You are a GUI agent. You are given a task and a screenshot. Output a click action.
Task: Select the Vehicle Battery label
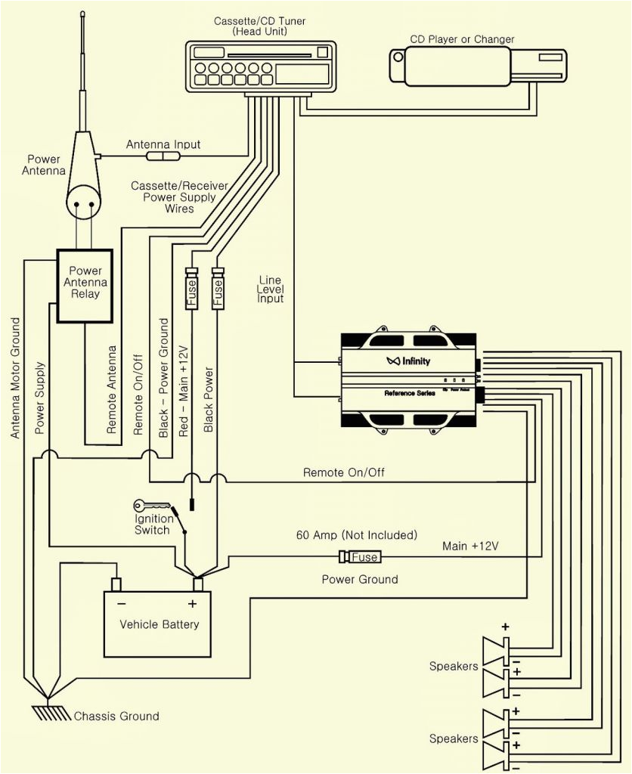160,624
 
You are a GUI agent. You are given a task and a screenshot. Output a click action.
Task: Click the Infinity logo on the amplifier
407,361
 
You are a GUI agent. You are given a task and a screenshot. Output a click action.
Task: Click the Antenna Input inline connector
163,156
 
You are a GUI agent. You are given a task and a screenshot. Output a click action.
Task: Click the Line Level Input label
270,289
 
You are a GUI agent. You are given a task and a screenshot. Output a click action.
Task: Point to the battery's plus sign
192,603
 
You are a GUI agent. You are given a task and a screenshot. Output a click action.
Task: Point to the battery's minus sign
121,603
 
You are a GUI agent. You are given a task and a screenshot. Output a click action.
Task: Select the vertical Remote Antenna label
113,389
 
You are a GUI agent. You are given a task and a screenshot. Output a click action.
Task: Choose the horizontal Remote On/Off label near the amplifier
344,472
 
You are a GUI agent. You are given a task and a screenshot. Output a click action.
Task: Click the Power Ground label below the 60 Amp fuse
360,580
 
